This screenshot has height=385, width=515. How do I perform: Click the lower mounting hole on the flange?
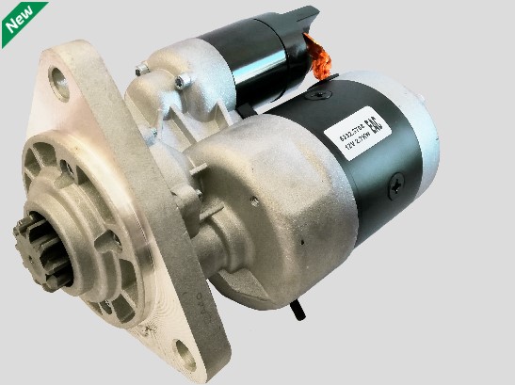coord(186,357)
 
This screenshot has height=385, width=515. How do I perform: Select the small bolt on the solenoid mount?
coord(140,68)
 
